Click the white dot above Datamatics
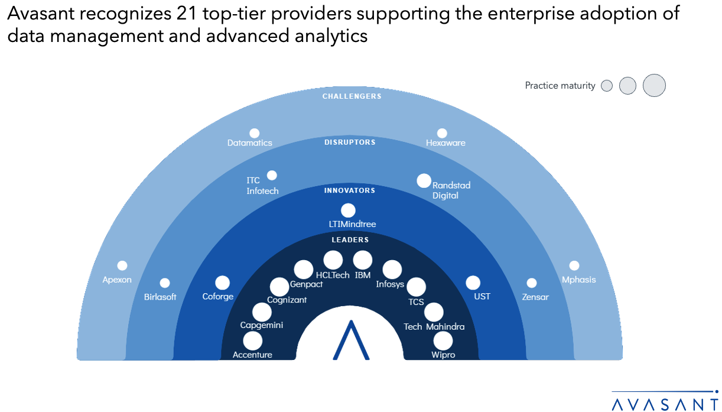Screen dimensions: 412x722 [255, 134]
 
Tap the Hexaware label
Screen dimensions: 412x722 [445, 143]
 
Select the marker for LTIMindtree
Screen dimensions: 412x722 [348, 210]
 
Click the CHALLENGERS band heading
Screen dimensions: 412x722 [352, 96]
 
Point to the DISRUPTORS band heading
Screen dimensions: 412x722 [350, 142]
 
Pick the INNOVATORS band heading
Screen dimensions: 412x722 [350, 191]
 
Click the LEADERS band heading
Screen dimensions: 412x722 [350, 240]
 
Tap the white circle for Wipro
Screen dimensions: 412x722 [443, 341]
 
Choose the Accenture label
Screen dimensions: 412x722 [252, 355]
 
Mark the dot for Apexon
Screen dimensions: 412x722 [122, 266]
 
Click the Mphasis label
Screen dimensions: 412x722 [578, 280]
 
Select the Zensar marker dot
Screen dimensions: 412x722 [532, 283]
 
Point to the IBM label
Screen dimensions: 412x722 [363, 275]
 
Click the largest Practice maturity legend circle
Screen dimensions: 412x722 [654, 85]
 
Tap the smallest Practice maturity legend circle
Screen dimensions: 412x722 [606, 86]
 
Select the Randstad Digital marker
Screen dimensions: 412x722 [424, 180]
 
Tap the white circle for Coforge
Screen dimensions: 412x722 [222, 283]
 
